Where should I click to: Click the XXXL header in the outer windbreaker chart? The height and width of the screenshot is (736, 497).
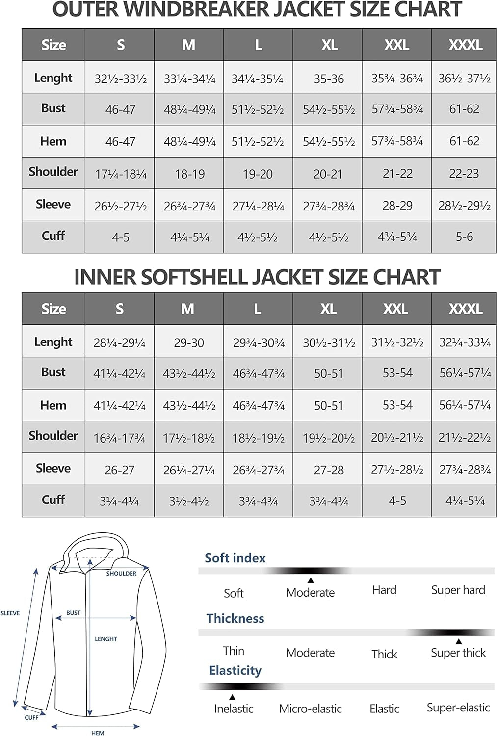point(465,45)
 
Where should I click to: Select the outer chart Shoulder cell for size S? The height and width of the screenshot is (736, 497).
point(121,174)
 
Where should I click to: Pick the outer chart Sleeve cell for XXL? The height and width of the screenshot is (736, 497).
point(397,206)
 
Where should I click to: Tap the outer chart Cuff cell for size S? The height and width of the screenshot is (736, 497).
point(121,237)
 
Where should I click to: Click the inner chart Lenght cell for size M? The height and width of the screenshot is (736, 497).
point(189,342)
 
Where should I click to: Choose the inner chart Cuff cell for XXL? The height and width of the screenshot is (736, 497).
point(397,501)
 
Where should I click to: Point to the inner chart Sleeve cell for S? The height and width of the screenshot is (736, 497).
point(119,470)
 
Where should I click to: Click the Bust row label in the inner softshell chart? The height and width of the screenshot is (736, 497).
point(53,372)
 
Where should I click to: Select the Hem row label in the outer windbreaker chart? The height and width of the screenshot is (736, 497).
point(53,141)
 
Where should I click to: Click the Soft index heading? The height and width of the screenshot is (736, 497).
point(235,558)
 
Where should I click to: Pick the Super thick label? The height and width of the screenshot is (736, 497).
point(458,653)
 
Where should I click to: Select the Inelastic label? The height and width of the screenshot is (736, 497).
point(234,709)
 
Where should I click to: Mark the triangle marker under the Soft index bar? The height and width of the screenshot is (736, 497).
point(311,580)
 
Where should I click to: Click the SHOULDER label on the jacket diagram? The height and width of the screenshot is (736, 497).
point(121,573)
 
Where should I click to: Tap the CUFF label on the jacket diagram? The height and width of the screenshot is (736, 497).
point(31,717)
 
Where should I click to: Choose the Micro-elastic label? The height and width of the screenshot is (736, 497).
point(310,709)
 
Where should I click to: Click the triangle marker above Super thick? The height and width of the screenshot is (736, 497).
point(459,641)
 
